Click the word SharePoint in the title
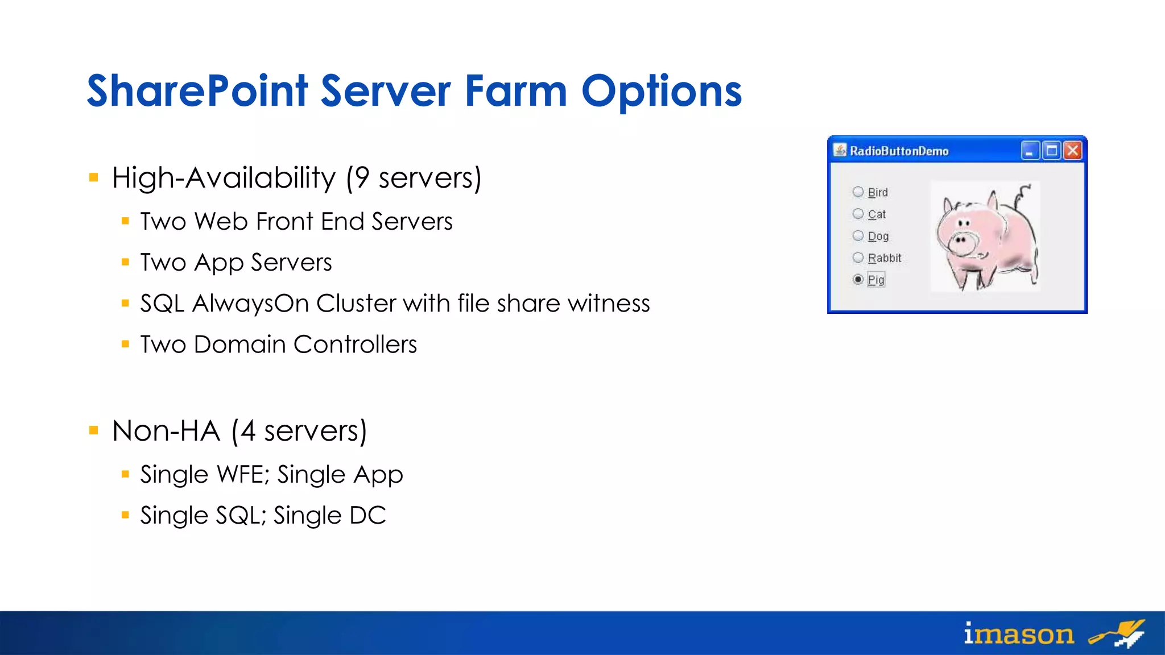click(197, 91)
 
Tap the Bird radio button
click(858, 192)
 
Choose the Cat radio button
click(858, 214)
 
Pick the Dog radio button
click(858, 235)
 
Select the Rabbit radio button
click(858, 258)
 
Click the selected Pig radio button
click(858, 279)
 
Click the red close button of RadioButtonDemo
click(1072, 151)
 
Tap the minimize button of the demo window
click(1030, 151)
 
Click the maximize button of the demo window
click(1051, 151)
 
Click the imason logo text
click(1018, 633)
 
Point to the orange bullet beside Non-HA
click(94, 430)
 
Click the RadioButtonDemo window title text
click(899, 151)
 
